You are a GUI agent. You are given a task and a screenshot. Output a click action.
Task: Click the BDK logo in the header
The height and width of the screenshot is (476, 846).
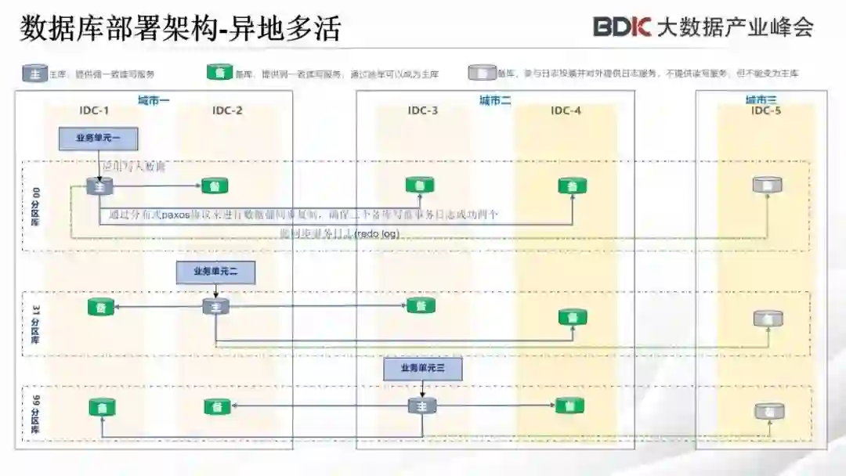click(x=622, y=27)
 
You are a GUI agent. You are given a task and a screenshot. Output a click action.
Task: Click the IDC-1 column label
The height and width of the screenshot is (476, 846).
click(x=95, y=110)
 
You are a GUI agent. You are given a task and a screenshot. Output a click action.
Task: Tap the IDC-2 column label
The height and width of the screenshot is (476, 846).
click(x=227, y=110)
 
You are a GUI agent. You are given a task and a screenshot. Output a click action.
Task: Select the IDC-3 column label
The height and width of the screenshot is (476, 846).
click(x=423, y=110)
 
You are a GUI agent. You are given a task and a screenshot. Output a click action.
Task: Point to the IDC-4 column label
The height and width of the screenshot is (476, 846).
click(x=566, y=110)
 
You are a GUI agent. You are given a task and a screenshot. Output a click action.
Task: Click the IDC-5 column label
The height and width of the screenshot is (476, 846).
click(x=766, y=110)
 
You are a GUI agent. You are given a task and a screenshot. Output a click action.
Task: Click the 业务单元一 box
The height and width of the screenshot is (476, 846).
click(x=99, y=139)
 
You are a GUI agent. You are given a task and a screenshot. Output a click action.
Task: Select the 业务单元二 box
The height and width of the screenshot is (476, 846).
click(x=216, y=271)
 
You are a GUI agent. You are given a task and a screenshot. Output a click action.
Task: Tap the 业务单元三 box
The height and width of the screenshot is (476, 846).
click(x=422, y=368)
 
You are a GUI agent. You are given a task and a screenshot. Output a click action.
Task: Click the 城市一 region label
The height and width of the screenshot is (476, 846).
click(x=154, y=99)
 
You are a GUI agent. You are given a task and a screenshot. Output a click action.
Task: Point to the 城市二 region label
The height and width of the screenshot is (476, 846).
click(x=495, y=99)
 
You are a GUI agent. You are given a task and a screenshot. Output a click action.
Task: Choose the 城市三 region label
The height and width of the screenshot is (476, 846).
click(x=761, y=99)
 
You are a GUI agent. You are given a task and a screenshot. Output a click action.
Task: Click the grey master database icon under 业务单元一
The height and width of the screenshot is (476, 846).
click(x=100, y=186)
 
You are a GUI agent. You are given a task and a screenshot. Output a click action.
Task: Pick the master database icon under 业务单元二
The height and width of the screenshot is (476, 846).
click(x=215, y=306)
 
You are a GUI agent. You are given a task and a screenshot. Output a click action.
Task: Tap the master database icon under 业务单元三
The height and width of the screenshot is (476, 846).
click(x=422, y=406)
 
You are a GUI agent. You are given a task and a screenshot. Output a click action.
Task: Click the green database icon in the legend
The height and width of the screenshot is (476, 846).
click(x=219, y=74)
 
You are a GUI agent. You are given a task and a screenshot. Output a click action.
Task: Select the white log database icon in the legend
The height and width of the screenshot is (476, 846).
click(x=482, y=74)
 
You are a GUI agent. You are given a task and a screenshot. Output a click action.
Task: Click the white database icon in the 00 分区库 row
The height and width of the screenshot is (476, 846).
click(x=767, y=186)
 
